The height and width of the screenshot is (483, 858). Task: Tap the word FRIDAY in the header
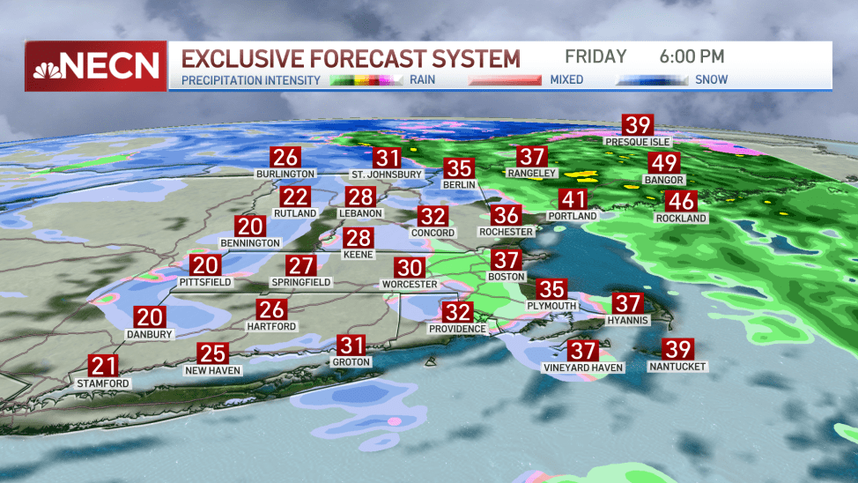click(x=595, y=57)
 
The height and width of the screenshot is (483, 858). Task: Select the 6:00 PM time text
click(x=692, y=57)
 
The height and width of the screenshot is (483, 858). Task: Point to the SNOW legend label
click(x=711, y=79)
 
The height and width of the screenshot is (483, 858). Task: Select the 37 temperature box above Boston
click(x=507, y=260)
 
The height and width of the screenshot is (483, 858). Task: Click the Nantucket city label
click(x=677, y=366)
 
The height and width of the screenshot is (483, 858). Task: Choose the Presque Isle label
click(x=637, y=141)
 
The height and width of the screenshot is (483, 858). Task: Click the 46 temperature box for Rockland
click(x=680, y=201)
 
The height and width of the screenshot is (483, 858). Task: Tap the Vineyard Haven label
click(x=583, y=367)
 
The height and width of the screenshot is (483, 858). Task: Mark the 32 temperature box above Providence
click(x=457, y=312)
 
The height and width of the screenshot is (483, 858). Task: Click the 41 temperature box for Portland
click(x=573, y=198)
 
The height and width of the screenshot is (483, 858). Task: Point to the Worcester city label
click(x=409, y=285)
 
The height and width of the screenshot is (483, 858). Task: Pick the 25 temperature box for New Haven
click(x=213, y=354)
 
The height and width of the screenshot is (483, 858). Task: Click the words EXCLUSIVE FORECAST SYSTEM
click(x=351, y=59)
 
